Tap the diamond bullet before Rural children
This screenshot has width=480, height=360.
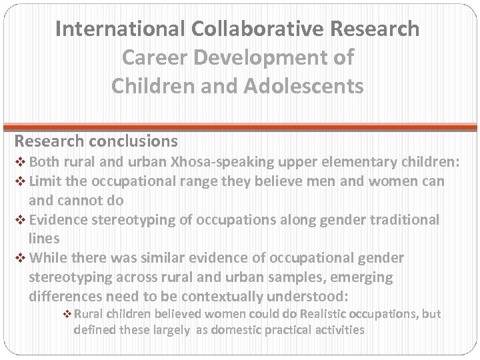[67, 314]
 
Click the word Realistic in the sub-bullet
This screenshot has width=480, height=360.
[306, 313]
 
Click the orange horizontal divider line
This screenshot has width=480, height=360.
[240, 126]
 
